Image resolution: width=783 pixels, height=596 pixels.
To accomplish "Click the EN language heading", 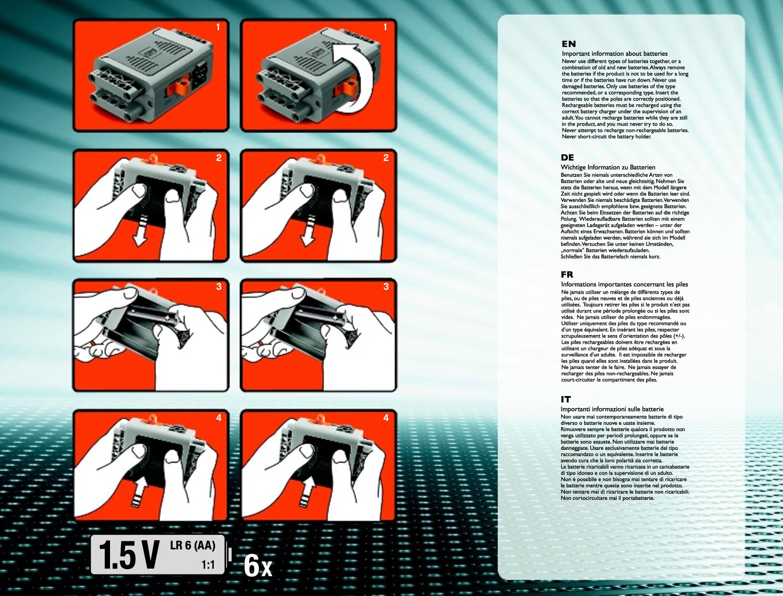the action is pyautogui.click(x=569, y=44).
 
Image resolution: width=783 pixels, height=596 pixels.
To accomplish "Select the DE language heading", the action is pyautogui.click(x=567, y=157).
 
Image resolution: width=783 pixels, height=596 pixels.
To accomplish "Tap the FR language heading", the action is pyautogui.click(x=567, y=274).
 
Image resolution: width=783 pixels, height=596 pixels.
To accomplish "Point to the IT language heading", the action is pyautogui.click(x=566, y=399).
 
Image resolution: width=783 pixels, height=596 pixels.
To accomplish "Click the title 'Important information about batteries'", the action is pyautogui.click(x=614, y=53).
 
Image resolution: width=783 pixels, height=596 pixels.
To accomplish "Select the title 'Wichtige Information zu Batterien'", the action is pyautogui.click(x=608, y=167).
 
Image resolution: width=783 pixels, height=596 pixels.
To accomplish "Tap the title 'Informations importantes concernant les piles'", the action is pyautogui.click(x=624, y=284).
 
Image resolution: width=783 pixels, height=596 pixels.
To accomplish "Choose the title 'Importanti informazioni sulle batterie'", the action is pyautogui.click(x=612, y=409).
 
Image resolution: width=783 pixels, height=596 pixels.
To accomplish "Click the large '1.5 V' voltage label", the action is pyautogui.click(x=129, y=555).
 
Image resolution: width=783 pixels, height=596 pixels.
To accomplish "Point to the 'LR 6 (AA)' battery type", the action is pyautogui.click(x=193, y=546).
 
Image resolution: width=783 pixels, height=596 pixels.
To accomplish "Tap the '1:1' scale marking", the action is pyautogui.click(x=208, y=565).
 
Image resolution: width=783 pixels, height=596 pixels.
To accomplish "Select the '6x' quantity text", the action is pyautogui.click(x=258, y=566).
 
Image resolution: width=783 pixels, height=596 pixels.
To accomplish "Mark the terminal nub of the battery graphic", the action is pyautogui.click(x=230, y=555).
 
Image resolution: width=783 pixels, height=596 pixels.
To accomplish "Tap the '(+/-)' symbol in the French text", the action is pyautogui.click(x=678, y=336).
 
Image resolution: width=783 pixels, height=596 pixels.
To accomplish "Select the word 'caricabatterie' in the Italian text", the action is pyautogui.click(x=673, y=467).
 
